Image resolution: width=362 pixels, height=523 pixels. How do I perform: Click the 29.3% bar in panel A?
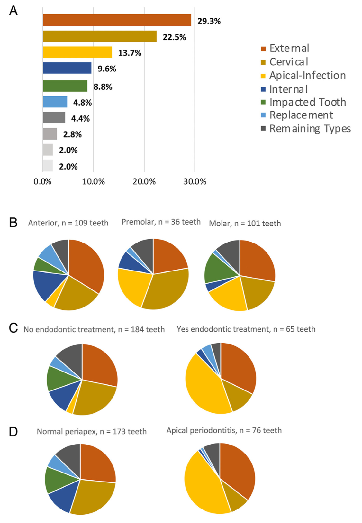[117, 20]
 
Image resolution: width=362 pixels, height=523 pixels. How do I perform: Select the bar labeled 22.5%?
[100, 36]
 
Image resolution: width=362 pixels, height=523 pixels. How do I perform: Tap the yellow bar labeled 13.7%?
[77, 52]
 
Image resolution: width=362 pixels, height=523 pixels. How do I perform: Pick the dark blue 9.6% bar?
[67, 68]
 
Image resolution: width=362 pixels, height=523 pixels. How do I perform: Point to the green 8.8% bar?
[65, 86]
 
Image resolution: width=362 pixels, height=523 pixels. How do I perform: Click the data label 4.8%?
[82, 103]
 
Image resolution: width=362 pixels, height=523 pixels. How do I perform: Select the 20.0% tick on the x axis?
[144, 182]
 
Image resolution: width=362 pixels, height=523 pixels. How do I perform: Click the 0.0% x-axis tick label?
[42, 182]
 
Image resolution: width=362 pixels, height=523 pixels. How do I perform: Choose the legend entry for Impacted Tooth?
[303, 102]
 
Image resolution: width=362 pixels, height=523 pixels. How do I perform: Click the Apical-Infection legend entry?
[303, 75]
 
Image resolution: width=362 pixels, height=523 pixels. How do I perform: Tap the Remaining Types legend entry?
[305, 128]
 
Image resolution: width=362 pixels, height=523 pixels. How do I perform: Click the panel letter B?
[13, 223]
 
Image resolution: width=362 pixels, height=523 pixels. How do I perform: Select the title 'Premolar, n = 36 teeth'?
[161, 222]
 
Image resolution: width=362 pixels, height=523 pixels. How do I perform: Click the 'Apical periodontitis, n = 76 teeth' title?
[224, 430]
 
